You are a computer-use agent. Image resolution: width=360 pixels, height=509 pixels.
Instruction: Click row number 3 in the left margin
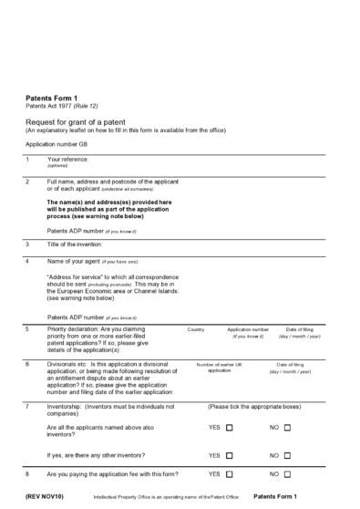27,244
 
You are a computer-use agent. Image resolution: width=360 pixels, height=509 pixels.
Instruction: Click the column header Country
195,328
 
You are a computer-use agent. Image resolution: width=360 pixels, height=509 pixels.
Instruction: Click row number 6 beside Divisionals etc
27,364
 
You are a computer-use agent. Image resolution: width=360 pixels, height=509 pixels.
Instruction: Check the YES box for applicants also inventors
230,427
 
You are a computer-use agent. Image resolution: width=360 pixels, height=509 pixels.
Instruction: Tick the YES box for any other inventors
230,455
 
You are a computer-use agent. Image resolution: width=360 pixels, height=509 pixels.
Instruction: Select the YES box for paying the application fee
230,474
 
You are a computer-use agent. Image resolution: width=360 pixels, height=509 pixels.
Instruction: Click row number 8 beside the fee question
27,474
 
